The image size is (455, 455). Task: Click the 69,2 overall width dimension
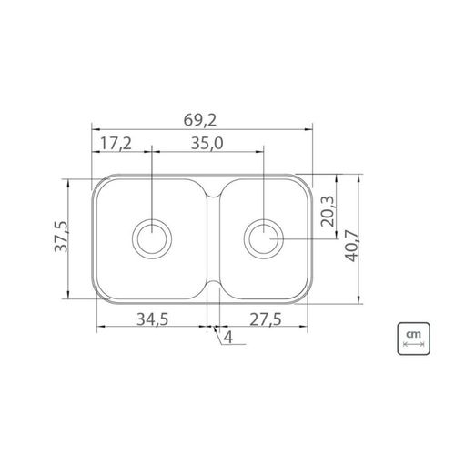[200, 120]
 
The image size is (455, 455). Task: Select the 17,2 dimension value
[116, 143]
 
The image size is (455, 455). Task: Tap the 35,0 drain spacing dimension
[207, 143]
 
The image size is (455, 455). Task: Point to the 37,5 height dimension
[61, 237]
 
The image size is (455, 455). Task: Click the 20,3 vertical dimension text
[328, 211]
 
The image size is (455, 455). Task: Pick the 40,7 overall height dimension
[352, 246]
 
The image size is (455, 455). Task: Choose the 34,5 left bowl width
[152, 319]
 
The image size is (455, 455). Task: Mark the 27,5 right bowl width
[266, 319]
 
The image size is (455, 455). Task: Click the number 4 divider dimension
[228, 337]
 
